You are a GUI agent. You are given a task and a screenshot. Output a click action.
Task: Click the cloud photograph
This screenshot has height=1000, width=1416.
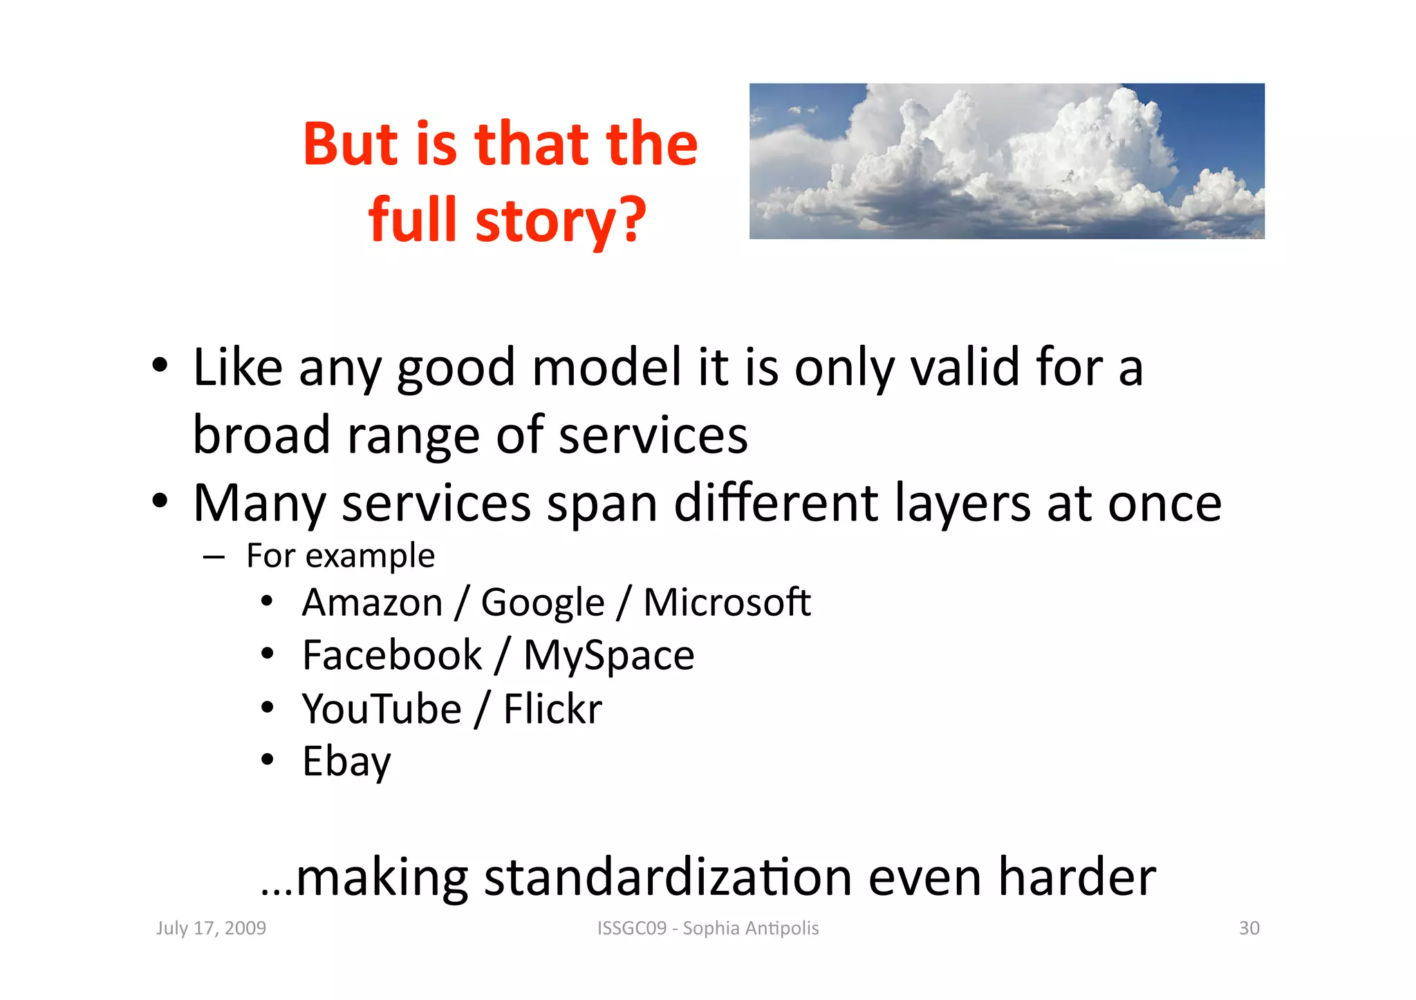(1007, 161)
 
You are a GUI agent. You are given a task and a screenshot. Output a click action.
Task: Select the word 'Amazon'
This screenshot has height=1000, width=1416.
(373, 603)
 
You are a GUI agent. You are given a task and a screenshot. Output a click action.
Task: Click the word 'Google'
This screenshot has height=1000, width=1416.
(543, 603)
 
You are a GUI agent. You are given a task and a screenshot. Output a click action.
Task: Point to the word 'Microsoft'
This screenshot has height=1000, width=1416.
(727, 603)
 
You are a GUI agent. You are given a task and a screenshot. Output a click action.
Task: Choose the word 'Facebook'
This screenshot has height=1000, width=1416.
(392, 655)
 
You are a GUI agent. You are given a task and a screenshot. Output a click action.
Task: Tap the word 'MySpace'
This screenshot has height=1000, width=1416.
(608, 655)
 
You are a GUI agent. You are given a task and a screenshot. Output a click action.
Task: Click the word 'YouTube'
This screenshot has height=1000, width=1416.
(382, 709)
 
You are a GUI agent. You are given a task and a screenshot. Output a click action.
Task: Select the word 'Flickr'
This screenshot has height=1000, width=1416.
(552, 709)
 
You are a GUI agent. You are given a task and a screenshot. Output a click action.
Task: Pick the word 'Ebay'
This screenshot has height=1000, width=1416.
(346, 762)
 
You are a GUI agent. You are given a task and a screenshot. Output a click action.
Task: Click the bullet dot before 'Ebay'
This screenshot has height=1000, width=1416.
(268, 760)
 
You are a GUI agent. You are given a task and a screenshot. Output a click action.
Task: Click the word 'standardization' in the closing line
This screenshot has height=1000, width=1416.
(667, 878)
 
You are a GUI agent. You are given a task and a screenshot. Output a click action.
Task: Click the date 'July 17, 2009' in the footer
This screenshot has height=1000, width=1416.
(211, 928)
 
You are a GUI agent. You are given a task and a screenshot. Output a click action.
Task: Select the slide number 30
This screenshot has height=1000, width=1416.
(1249, 928)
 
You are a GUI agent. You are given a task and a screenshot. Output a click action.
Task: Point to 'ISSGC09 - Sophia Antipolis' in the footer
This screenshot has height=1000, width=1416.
(708, 928)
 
